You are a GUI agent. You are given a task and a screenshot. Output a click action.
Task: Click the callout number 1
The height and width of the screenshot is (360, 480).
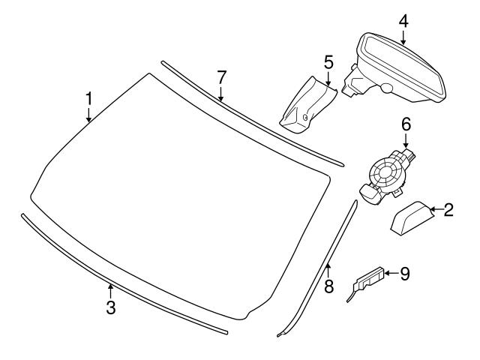(88, 98)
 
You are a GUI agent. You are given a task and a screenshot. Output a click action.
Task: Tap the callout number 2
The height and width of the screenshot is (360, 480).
(448, 210)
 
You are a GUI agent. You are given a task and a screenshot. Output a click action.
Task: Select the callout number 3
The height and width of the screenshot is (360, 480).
(110, 307)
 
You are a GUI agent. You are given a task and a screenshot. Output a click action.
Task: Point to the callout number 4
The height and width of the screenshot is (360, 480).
(403, 20)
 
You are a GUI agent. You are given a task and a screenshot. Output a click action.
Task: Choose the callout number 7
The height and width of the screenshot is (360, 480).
(221, 76)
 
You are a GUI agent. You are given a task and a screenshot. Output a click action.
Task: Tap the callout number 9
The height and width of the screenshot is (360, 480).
(405, 274)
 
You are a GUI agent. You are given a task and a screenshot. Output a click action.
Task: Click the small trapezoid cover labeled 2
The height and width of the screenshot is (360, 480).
(412, 217)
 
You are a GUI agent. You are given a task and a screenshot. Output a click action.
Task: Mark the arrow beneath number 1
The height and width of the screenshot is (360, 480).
(88, 115)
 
